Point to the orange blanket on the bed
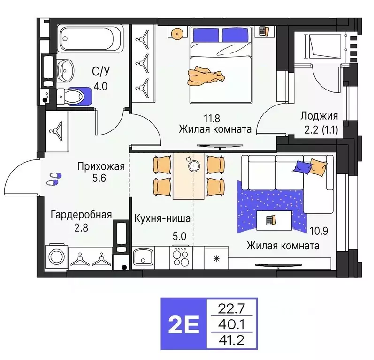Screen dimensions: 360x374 click(206, 75)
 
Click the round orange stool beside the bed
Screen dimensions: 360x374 click(177, 33)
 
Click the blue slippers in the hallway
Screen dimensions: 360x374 click(54, 177)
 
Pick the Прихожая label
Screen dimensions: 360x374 click(101, 166)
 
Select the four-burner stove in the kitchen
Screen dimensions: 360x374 click(181, 257)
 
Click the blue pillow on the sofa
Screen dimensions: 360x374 click(301, 166)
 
